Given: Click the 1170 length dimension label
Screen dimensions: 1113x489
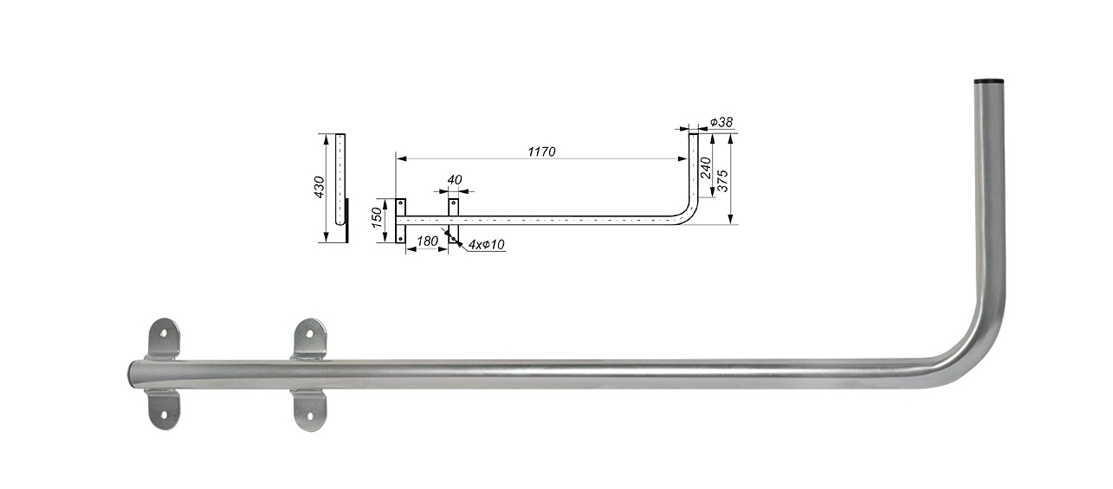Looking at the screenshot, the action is (541, 151).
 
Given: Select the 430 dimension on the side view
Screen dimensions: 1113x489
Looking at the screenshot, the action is (320, 187).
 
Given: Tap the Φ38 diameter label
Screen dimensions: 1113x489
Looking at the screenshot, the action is (722, 122).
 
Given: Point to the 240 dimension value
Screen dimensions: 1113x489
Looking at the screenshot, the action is (706, 167).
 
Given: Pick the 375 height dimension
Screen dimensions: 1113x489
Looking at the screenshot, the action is (723, 181).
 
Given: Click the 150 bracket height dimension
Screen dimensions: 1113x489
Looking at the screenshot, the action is (377, 217).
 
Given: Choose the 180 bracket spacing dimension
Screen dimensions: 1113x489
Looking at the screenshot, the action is (427, 241).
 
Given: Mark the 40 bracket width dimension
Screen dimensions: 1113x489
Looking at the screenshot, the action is (455, 180).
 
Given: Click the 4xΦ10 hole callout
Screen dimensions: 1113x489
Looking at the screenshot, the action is (487, 244).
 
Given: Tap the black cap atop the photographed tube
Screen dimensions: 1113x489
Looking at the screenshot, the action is (988, 80).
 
